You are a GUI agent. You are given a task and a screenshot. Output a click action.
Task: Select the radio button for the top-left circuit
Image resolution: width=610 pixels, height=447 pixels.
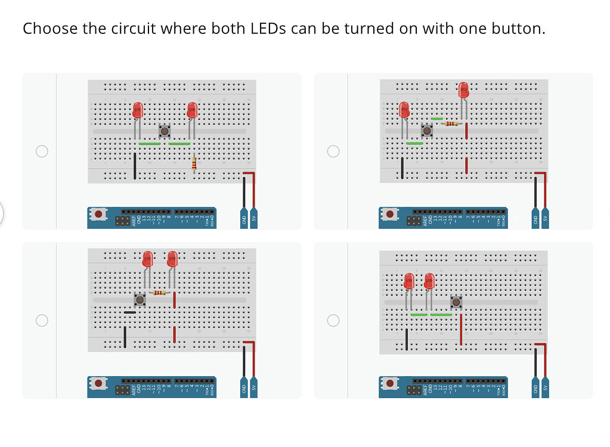click(42, 151)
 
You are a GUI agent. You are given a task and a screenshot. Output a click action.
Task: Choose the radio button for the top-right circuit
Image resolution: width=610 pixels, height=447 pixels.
click(333, 151)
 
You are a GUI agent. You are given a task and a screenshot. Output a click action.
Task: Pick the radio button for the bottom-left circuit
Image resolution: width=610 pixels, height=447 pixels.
click(42, 321)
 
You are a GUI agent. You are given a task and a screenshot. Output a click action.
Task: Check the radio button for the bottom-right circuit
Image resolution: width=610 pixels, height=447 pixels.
click(333, 321)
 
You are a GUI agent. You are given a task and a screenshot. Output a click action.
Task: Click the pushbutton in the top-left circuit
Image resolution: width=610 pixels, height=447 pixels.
click(165, 131)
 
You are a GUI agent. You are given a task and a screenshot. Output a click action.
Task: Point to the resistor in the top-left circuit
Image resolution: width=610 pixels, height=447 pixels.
click(194, 163)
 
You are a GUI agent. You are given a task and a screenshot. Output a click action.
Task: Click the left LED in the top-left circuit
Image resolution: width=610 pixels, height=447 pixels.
click(138, 110)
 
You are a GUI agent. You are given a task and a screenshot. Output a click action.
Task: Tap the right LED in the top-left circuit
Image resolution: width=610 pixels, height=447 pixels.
click(192, 110)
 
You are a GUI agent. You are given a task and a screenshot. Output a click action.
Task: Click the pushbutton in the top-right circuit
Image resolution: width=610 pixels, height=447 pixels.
click(426, 130)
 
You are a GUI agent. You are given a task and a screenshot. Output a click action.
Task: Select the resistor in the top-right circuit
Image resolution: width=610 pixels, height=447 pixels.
click(452, 124)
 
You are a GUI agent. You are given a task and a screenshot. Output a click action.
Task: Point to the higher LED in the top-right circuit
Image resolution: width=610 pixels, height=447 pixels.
click(464, 90)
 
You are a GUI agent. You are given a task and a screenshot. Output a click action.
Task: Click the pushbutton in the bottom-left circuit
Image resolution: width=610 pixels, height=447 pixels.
click(141, 299)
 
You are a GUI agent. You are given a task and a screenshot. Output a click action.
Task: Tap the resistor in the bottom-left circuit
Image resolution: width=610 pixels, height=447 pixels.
click(159, 293)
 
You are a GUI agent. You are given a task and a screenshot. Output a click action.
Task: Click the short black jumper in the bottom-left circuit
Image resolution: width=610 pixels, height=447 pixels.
click(129, 312)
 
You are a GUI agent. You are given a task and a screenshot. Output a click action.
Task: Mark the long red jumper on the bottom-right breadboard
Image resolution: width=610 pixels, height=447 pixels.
click(461, 330)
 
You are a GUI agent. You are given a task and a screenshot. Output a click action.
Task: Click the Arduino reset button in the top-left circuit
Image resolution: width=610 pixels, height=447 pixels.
click(98, 213)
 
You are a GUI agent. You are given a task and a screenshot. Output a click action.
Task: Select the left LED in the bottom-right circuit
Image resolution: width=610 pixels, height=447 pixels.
click(408, 281)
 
